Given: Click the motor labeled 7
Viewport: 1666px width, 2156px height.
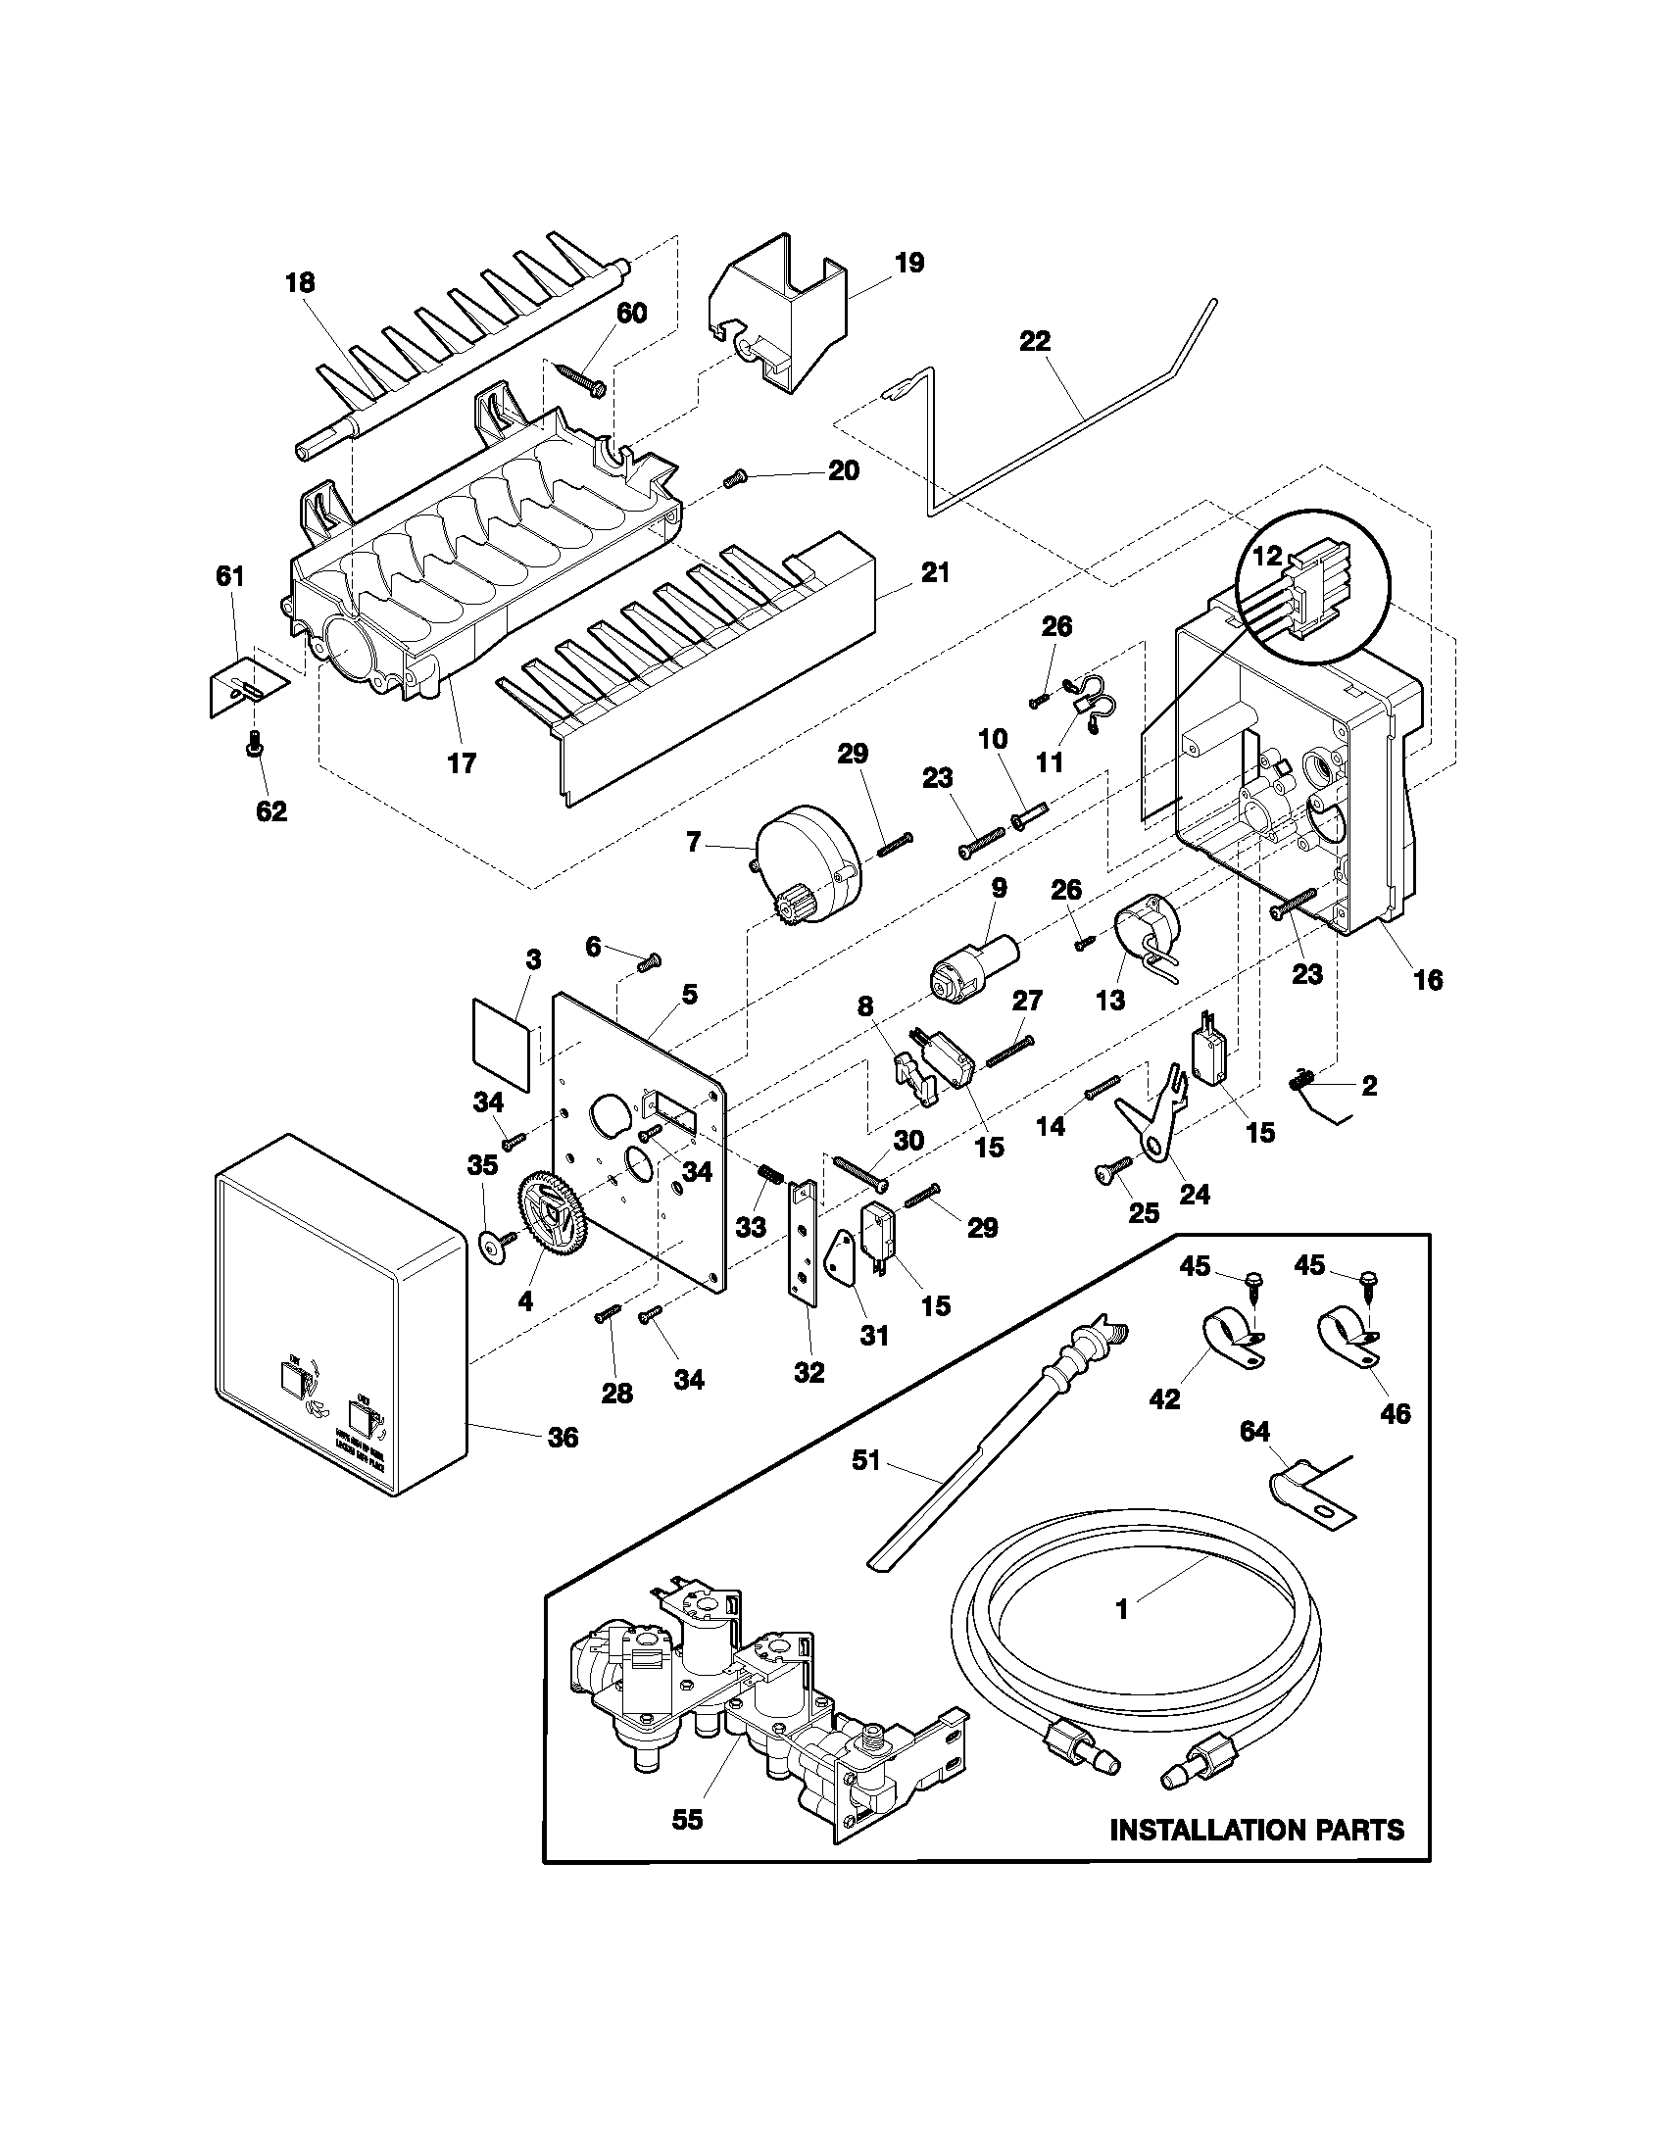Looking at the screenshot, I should pyautogui.click(x=808, y=852).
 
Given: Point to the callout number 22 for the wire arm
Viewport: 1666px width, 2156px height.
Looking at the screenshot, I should pyautogui.click(x=1035, y=342).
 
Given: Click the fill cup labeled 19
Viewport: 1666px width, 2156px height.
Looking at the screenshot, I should pyautogui.click(x=780, y=306).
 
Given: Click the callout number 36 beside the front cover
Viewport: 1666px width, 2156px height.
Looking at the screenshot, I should pyautogui.click(x=563, y=1437).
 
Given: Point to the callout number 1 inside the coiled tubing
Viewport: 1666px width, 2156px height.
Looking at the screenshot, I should pyautogui.click(x=1121, y=1609).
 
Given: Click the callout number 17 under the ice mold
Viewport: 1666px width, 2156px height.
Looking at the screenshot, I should pyautogui.click(x=462, y=762).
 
